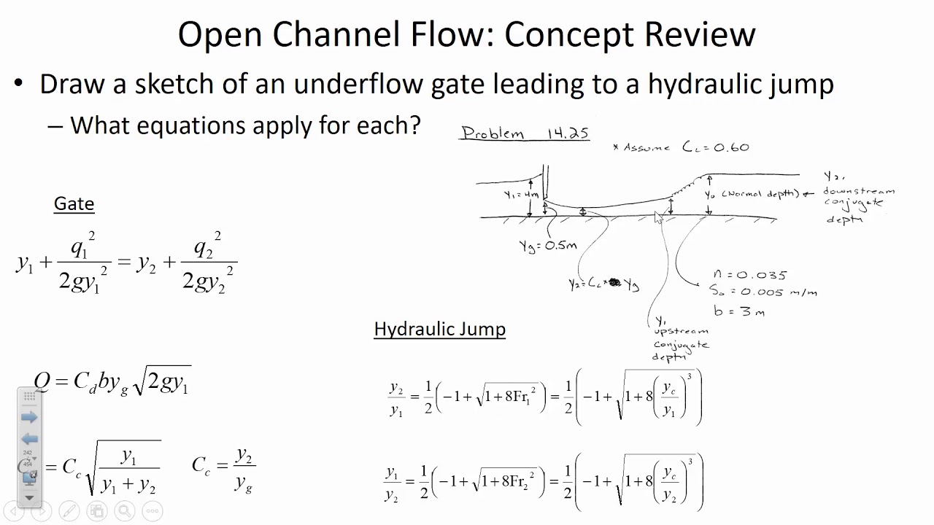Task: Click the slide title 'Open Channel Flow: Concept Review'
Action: click(x=466, y=34)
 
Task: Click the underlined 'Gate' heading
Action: click(x=74, y=203)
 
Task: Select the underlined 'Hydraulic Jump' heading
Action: click(x=439, y=329)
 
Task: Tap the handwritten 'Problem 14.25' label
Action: click(x=525, y=133)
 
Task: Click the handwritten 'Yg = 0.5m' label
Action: click(x=547, y=246)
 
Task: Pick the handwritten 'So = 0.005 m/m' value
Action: click(x=763, y=292)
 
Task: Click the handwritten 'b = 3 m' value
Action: click(x=738, y=311)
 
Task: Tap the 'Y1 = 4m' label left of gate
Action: click(x=521, y=195)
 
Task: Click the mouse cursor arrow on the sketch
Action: click(x=658, y=217)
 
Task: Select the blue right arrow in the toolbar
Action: click(x=29, y=417)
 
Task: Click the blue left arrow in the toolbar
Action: click(x=29, y=439)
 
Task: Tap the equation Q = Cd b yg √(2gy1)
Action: click(x=112, y=381)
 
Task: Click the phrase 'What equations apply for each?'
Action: click(x=245, y=125)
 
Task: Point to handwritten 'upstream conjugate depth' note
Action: click(x=680, y=339)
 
